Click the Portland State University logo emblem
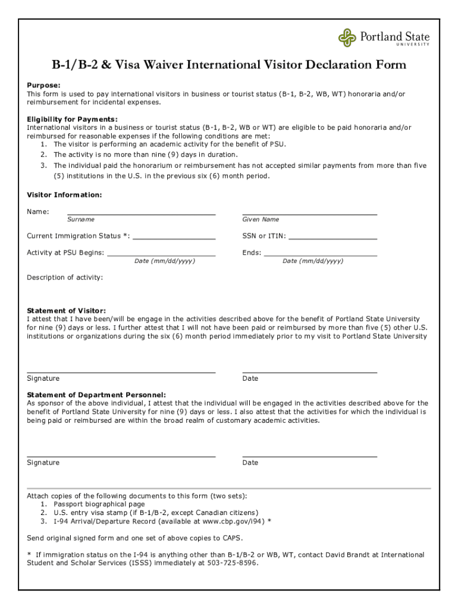(347, 37)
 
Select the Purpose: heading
(43, 85)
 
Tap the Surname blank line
(141, 213)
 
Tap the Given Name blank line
(309, 213)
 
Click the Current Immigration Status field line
(174, 238)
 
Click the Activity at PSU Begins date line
(161, 255)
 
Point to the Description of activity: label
(65, 278)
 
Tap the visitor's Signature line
(121, 372)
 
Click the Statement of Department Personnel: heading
(96, 395)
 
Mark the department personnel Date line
(309, 456)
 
